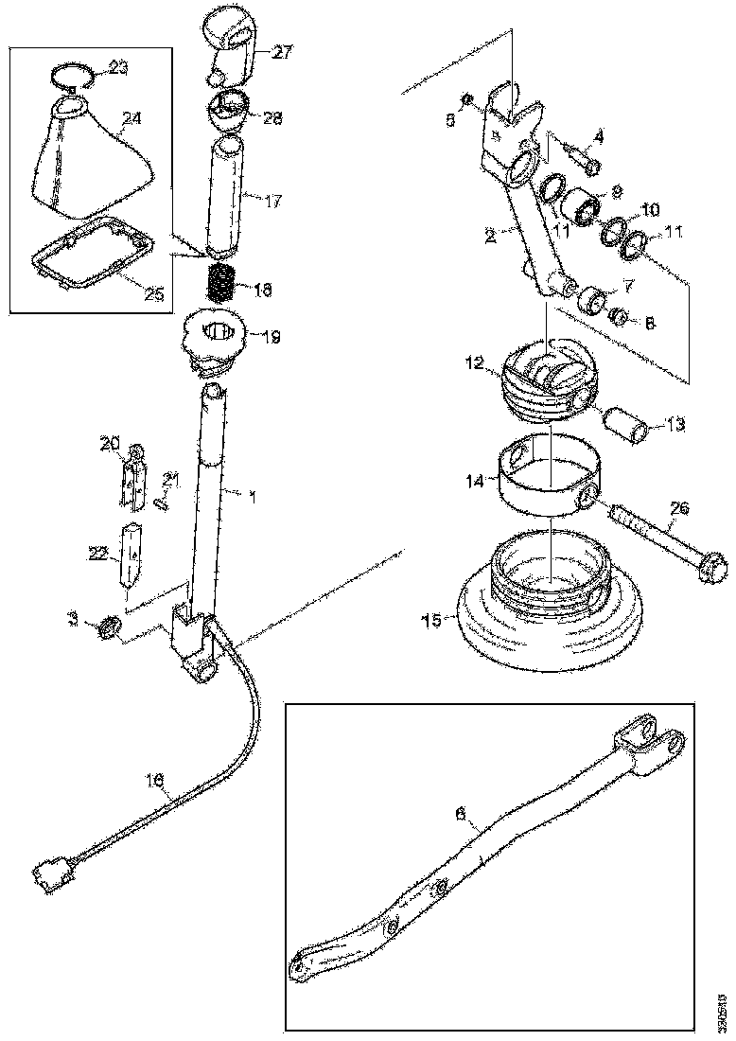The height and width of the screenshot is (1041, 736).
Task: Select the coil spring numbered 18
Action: [220, 281]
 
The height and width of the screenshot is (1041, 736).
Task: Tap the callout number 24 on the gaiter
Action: [131, 119]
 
